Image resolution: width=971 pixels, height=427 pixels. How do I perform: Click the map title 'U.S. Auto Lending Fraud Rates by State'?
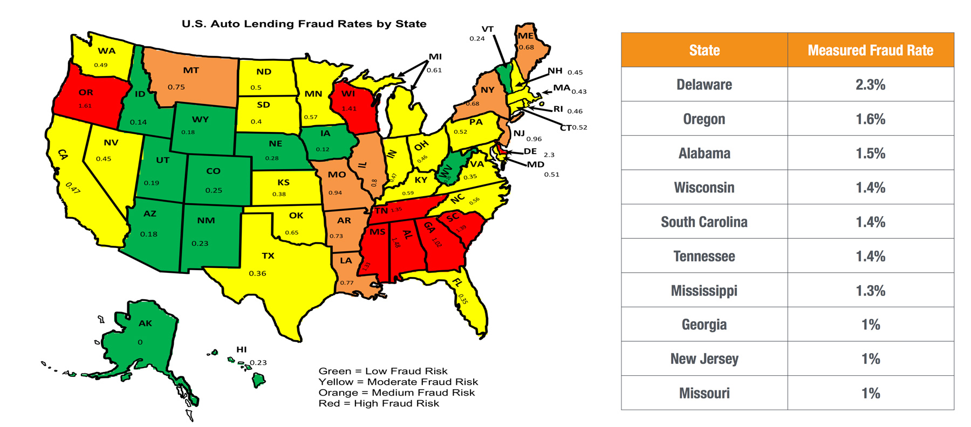(304, 24)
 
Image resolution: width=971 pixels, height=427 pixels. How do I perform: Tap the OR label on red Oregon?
(86, 93)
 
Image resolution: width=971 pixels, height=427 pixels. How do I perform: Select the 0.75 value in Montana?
(176, 87)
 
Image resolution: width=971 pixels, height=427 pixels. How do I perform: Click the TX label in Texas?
(268, 256)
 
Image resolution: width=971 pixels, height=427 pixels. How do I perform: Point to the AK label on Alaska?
(145, 323)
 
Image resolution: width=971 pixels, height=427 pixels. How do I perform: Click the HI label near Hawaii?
(241, 349)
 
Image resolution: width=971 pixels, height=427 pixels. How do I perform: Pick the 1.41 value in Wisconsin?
(348, 108)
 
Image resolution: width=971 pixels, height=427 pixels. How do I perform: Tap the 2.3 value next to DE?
(549, 155)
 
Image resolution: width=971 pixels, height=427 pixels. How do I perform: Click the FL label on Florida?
(457, 283)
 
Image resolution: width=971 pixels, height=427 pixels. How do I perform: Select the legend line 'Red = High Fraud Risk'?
(379, 403)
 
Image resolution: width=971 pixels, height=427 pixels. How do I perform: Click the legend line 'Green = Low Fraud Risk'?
(383, 371)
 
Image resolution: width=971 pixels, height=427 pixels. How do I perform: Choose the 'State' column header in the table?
(704, 50)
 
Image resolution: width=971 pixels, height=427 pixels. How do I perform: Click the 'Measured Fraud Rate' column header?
(870, 50)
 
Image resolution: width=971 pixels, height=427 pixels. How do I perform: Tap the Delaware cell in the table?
(704, 85)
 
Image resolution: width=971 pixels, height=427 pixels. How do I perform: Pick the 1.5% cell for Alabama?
(870, 153)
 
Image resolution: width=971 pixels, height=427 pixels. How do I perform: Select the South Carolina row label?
(704, 222)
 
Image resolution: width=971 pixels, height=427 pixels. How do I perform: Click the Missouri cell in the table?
(704, 393)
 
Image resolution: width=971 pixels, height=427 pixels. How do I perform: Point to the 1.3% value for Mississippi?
(870, 291)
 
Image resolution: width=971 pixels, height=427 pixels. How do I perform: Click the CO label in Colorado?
(213, 171)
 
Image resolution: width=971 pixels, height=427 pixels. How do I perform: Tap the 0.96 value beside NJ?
(534, 139)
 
